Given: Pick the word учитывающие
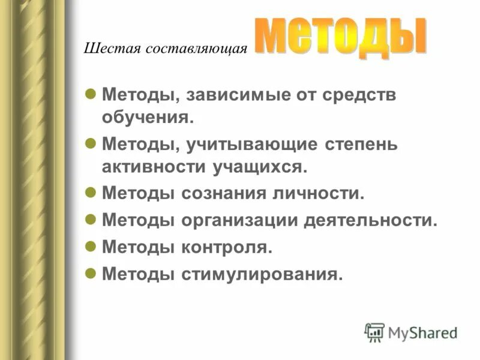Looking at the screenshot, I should point(256,145).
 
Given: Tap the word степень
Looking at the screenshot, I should point(366,145).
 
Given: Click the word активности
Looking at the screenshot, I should point(152,167).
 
